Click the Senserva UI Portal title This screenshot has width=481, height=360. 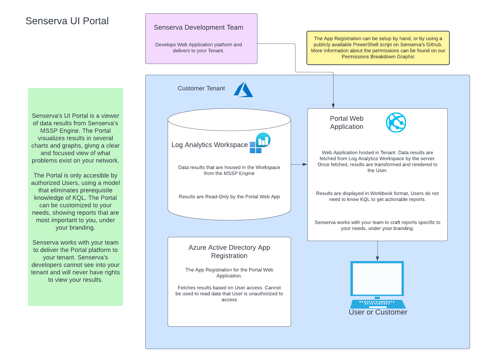[67, 21]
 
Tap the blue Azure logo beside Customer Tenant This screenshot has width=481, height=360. [243, 89]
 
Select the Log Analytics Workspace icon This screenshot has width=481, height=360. [260, 143]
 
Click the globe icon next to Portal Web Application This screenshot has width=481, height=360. [396, 122]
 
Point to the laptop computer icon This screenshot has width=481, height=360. [378, 285]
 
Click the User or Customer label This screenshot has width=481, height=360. [378, 312]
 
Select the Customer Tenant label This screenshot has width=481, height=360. [201, 88]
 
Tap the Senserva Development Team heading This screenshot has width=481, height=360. [199, 27]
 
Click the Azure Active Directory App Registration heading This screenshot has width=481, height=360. [229, 252]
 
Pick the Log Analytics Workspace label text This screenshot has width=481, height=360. [209, 145]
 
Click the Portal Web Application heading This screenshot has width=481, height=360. [347, 122]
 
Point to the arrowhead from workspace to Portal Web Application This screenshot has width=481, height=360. [305, 164]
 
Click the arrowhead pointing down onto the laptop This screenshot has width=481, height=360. [378, 259]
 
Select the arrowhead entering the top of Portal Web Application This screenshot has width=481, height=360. [333, 106]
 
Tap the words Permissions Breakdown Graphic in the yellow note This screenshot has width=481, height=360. [378, 57]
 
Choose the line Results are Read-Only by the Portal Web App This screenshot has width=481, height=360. [229, 197]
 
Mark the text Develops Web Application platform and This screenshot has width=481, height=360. [199, 45]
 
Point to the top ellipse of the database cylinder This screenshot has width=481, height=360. [229, 109]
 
